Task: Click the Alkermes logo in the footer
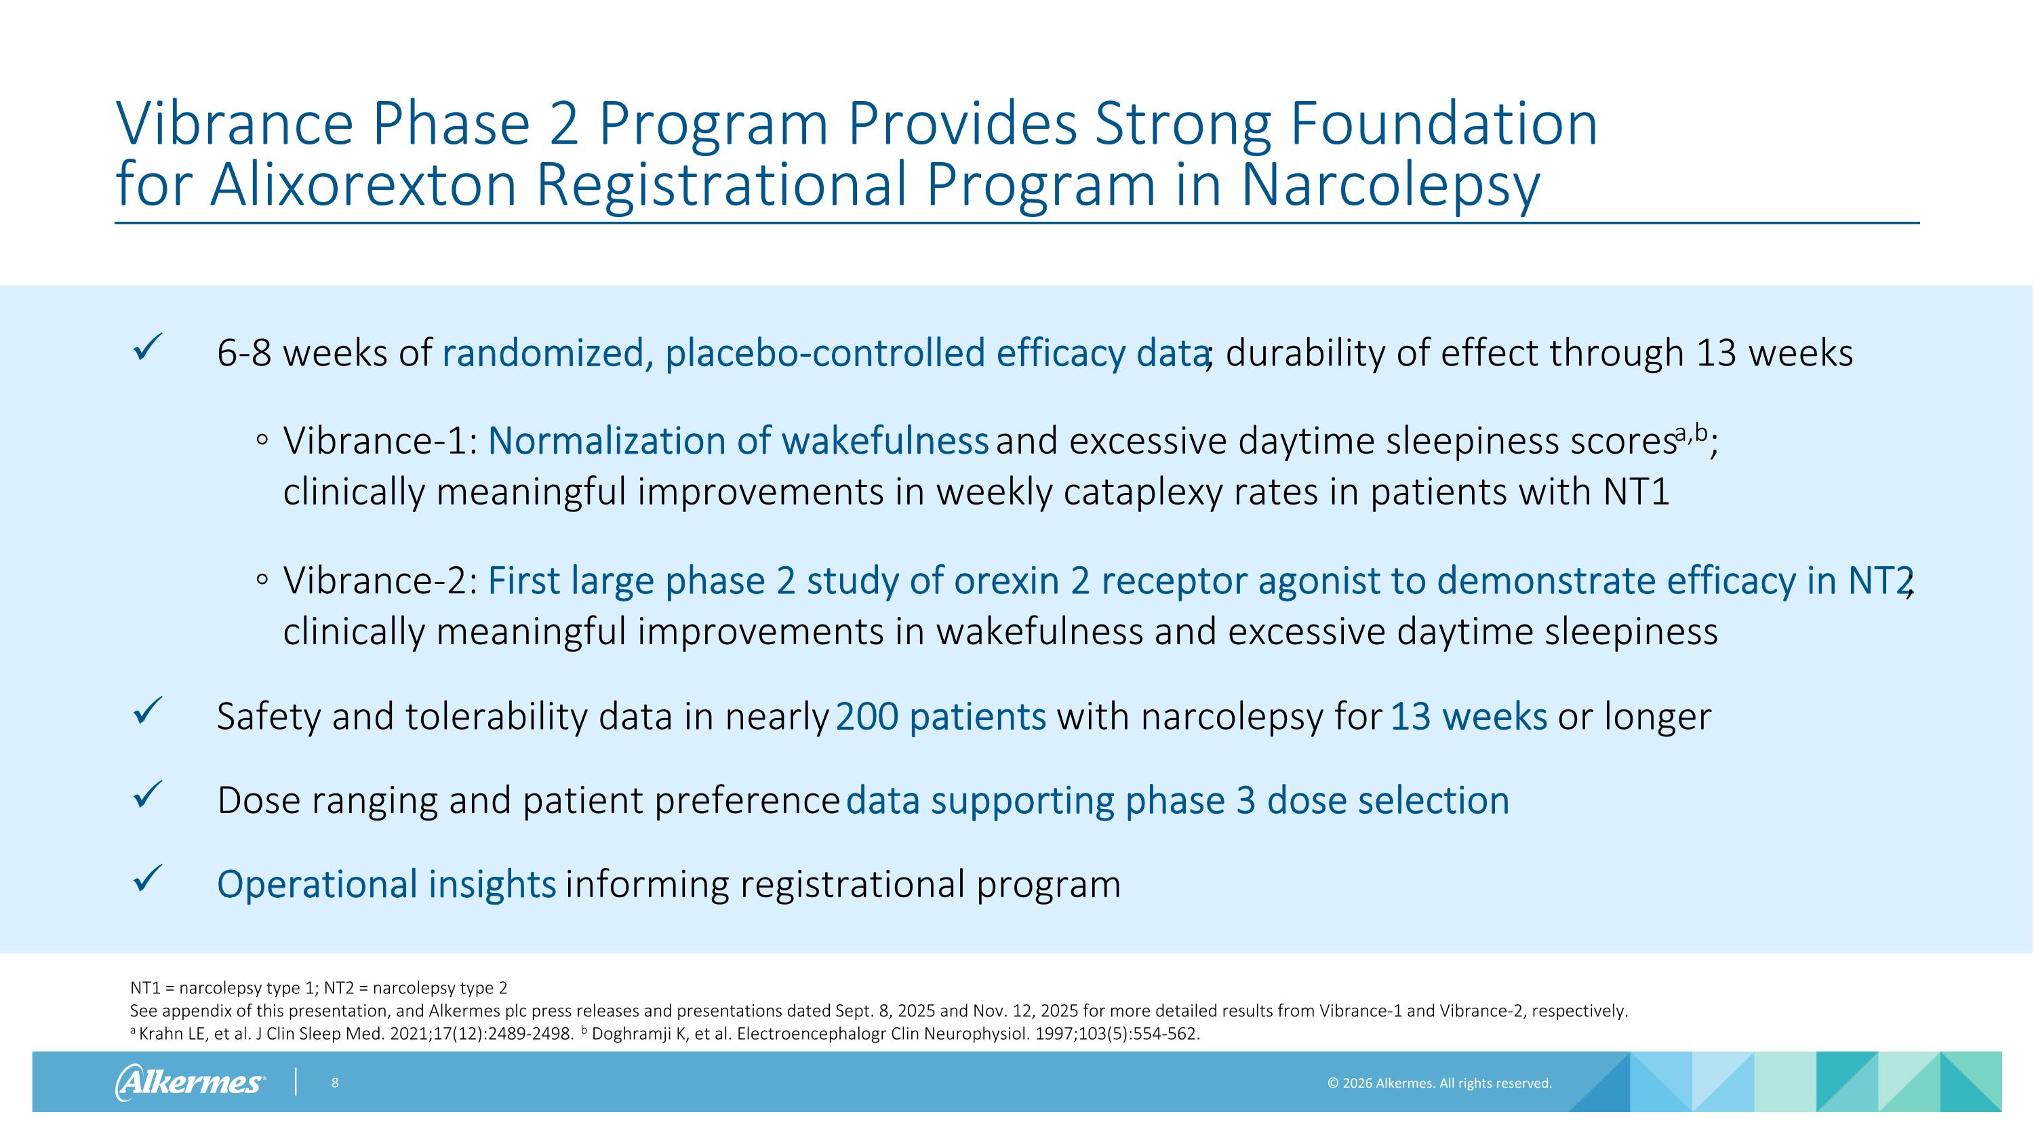point(190,1082)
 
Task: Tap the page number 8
point(335,1082)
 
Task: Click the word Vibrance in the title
point(235,124)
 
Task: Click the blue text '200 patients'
point(940,717)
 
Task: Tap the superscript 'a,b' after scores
point(1692,433)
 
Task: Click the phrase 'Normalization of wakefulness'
point(738,441)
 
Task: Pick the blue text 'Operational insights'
point(386,884)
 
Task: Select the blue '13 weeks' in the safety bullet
point(1468,717)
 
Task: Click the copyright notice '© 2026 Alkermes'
point(1439,1083)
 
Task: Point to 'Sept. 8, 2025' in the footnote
point(884,1011)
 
